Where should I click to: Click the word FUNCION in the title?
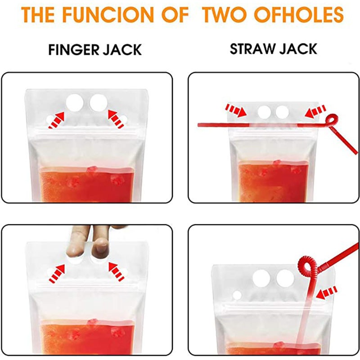(108, 14)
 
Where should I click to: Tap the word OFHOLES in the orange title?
(299, 14)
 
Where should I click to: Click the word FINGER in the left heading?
(74, 49)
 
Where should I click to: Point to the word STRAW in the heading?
(252, 49)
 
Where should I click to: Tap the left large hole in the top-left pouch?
(75, 103)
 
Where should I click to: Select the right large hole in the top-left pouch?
(99, 103)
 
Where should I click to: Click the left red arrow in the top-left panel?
(57, 120)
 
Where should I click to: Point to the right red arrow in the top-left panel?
(116, 119)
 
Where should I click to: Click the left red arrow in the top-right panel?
(236, 110)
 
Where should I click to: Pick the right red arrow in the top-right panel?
(315, 111)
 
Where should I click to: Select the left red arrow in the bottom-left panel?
(57, 274)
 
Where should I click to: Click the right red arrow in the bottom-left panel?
(117, 272)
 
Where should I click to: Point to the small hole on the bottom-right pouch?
(237, 295)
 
